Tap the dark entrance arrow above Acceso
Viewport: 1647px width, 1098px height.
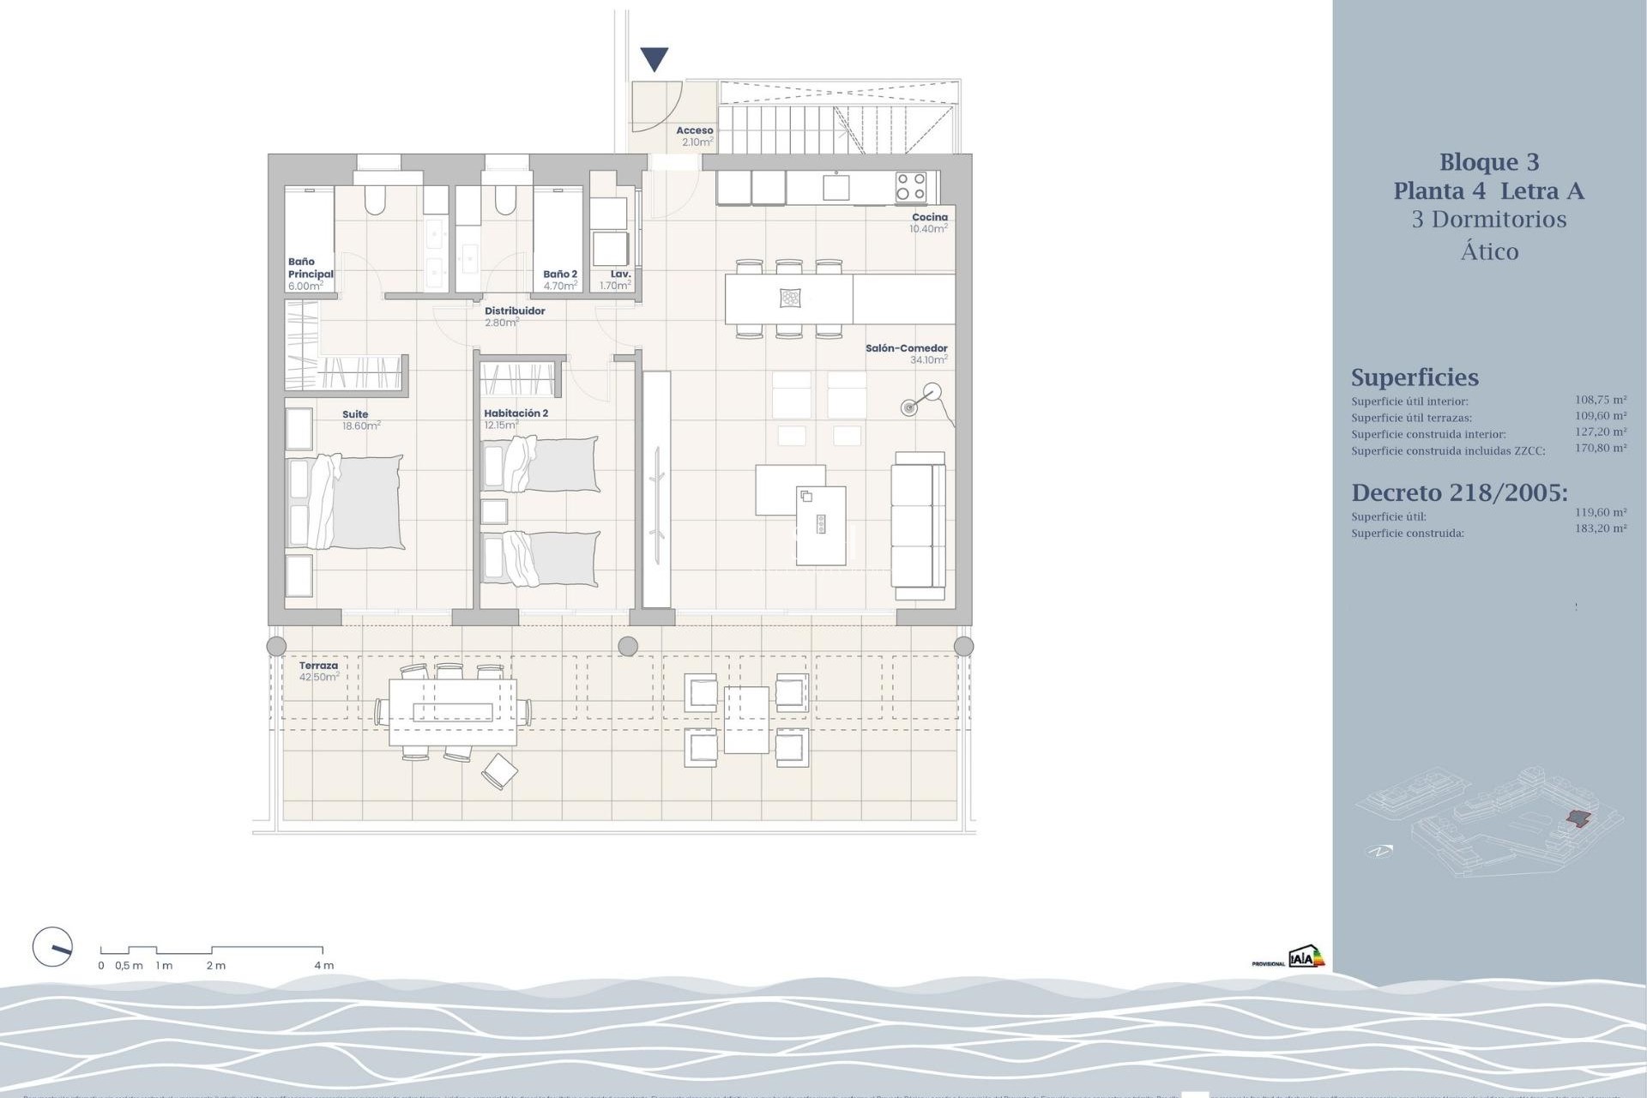pos(655,59)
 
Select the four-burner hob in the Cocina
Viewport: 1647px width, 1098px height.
pos(910,186)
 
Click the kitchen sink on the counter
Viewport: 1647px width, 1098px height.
pos(836,186)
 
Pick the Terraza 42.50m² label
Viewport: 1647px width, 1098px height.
pos(318,671)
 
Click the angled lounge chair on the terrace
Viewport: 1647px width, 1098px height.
pos(499,771)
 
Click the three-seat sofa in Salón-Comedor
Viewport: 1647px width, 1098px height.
pos(918,525)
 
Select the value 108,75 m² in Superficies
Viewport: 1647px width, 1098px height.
pos(1600,400)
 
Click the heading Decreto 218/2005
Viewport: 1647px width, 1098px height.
pos(1458,492)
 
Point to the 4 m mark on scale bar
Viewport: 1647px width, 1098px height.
pos(323,965)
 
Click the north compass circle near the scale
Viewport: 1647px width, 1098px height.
pos(52,948)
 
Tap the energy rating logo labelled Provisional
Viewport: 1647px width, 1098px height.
pos(1306,957)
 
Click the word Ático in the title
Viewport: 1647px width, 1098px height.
pos(1489,251)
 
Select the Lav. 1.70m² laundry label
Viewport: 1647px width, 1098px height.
pos(616,280)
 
